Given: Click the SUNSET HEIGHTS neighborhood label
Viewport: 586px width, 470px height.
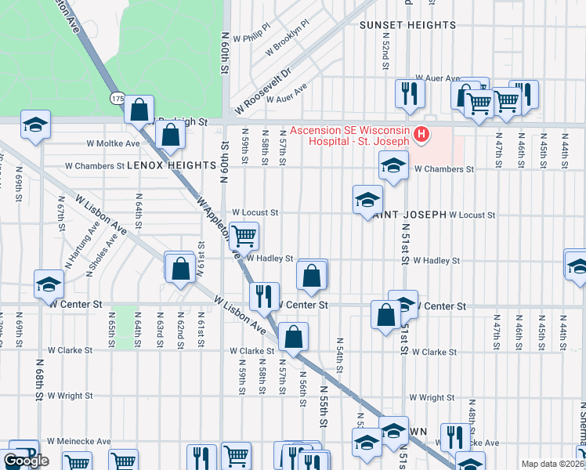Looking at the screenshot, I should point(407,25).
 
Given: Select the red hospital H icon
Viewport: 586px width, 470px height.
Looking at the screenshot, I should point(422,136).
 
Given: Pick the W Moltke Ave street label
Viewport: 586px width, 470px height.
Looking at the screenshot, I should point(113,143).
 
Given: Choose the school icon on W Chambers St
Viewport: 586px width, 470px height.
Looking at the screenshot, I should point(393,164).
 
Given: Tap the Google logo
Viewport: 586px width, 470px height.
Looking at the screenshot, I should point(26,461).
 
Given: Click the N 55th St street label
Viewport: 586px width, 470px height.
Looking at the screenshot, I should point(323,400).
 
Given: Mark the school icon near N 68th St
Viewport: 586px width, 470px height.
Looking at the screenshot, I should point(49,284).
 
